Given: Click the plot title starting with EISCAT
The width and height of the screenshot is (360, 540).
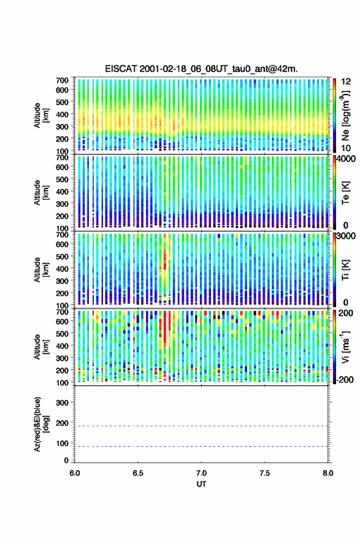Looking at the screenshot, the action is click(201, 69).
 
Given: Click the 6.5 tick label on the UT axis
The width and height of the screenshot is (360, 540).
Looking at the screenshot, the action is click(138, 473).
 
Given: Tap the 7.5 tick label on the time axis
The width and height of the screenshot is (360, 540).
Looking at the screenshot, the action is click(265, 473).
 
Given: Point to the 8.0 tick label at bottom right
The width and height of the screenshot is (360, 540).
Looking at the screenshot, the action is click(328, 473).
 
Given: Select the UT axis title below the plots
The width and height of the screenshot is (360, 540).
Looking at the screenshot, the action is click(201, 484).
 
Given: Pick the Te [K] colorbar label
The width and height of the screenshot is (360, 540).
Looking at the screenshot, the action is click(345, 193).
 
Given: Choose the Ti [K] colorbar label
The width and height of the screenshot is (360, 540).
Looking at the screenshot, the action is click(345, 269).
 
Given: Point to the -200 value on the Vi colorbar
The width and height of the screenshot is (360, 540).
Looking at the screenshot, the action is click(345, 379).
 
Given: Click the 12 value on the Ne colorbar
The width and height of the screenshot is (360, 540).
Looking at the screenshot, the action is click(347, 82).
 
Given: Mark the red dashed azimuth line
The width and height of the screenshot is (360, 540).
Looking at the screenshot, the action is click(201, 426).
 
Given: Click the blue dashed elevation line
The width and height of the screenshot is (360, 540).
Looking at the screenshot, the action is click(201, 446).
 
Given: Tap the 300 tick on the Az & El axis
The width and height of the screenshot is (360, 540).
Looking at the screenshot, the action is click(63, 403).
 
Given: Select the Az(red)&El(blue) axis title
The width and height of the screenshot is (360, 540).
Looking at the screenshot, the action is click(40, 424).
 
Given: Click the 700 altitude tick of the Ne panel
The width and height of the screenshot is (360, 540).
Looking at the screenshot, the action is click(63, 80).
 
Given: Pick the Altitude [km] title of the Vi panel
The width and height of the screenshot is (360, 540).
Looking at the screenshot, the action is click(40, 347).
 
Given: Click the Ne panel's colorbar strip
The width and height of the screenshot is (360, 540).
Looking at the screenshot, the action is click(334, 115).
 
